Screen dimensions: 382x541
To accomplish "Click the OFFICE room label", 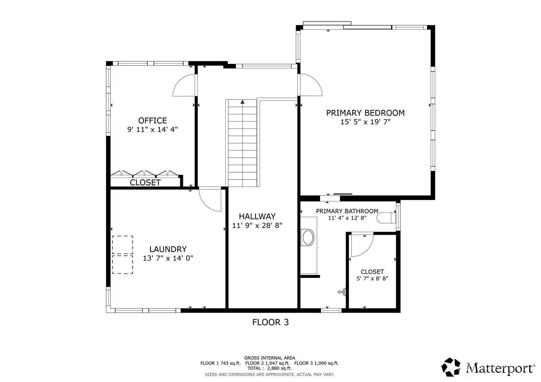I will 152,120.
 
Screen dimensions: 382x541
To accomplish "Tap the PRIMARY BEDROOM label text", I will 365,113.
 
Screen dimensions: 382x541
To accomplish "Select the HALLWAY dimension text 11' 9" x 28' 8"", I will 257,226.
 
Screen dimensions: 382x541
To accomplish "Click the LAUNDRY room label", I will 168,249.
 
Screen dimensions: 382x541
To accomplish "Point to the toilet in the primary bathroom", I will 386,218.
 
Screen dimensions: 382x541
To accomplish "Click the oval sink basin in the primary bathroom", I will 308,238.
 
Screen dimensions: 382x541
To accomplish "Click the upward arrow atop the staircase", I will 242,102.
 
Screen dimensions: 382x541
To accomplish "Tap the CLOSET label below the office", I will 145,182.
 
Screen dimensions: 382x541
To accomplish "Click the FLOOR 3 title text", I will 270,322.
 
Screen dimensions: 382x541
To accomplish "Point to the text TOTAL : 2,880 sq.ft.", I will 269,368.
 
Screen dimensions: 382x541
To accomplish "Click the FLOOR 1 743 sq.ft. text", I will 220,363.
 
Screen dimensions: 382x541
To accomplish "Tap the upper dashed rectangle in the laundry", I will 123,245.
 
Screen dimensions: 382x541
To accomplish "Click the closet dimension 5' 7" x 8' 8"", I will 372,279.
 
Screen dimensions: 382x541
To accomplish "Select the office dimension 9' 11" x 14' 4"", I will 152,129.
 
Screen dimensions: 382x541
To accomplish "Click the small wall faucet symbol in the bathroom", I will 342,291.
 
